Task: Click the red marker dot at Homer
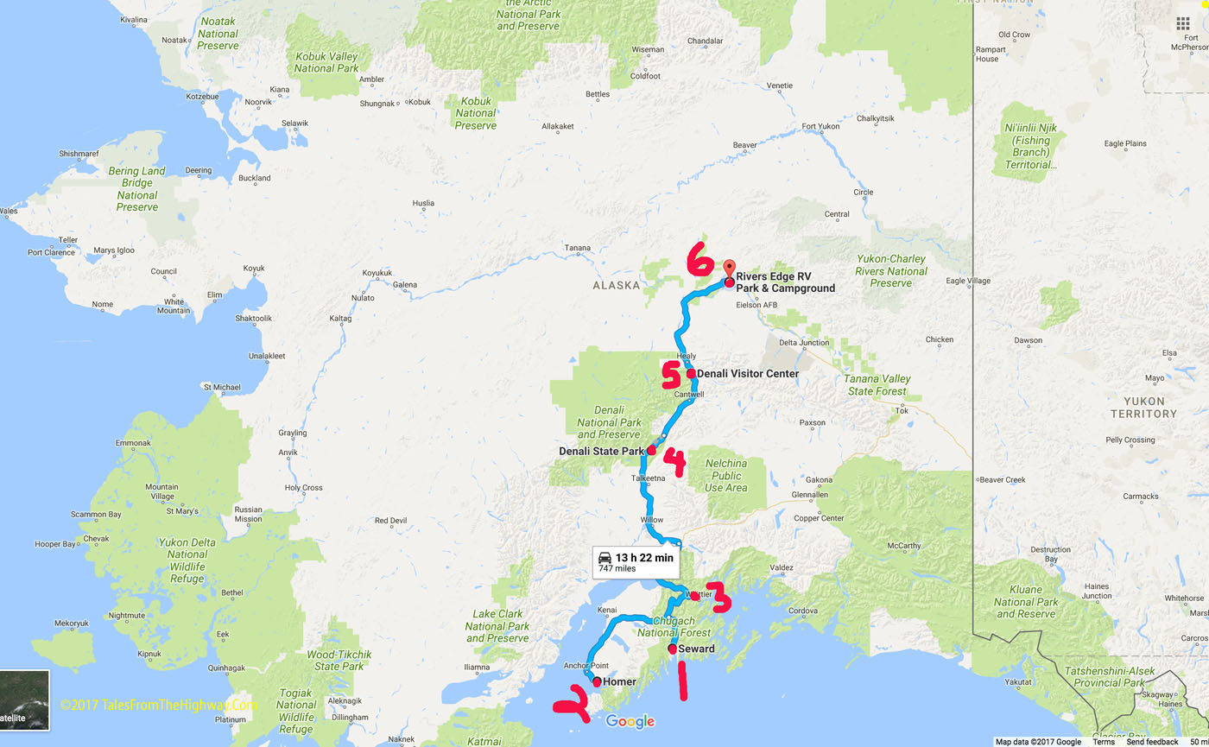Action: pyautogui.click(x=597, y=682)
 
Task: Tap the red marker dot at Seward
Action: pyautogui.click(x=673, y=649)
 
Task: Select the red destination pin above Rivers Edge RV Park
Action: pyautogui.click(x=728, y=269)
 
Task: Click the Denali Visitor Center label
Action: pyautogui.click(x=747, y=373)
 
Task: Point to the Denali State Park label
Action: pyautogui.click(x=602, y=451)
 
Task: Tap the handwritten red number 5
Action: pyautogui.click(x=671, y=376)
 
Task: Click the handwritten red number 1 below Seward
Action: pyautogui.click(x=682, y=681)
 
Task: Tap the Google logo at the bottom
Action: pyautogui.click(x=630, y=722)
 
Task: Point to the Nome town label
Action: pyautogui.click(x=102, y=304)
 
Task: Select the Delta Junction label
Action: pyautogui.click(x=803, y=343)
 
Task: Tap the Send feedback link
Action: pyautogui.click(x=1152, y=742)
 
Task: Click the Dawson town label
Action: pyautogui.click(x=1029, y=340)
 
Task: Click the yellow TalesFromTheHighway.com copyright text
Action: pyautogui.click(x=159, y=705)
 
